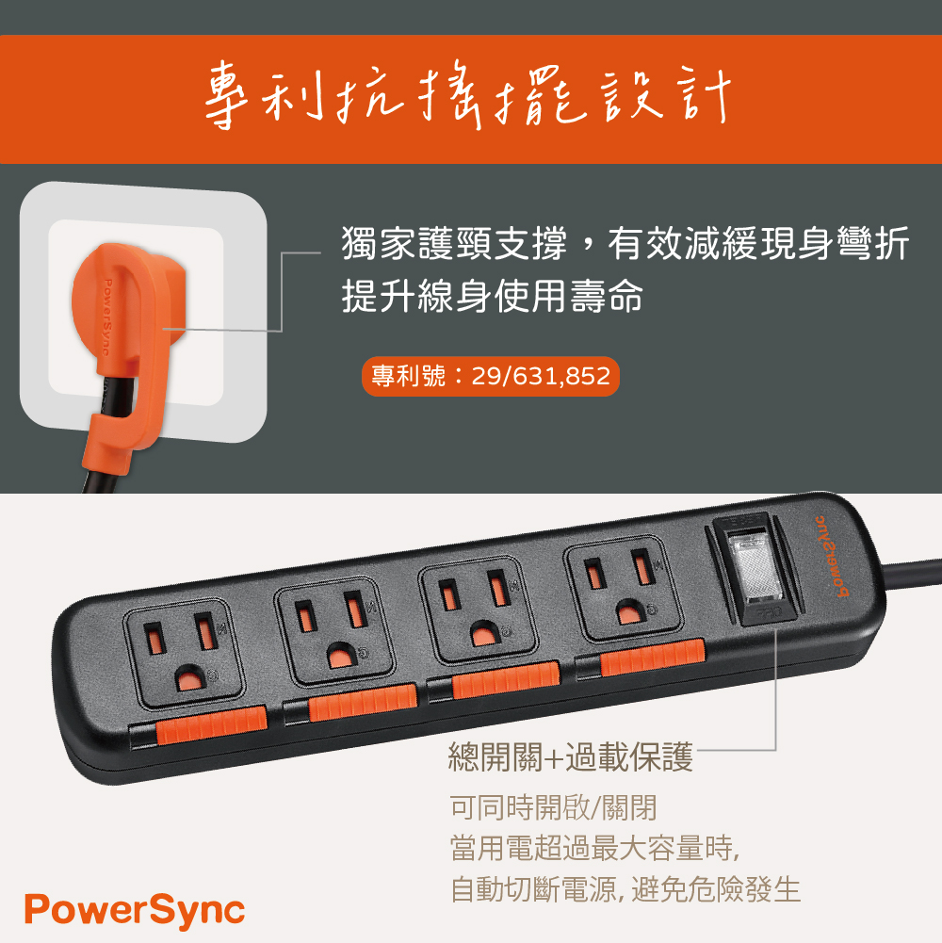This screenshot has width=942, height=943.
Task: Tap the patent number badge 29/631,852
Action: [x=490, y=377]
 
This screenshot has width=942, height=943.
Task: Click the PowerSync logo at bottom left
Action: [x=135, y=911]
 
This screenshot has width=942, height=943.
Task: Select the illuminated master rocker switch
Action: [x=755, y=568]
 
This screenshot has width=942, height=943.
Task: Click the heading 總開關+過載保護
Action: [x=571, y=756]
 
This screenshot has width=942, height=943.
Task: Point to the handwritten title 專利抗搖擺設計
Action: [x=468, y=96]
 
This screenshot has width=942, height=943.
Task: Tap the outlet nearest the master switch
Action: [x=624, y=588]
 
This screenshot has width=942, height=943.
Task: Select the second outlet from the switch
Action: [x=478, y=610]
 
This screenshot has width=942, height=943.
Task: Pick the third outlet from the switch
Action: [x=334, y=631]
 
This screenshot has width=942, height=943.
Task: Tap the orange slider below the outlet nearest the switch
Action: [x=653, y=658]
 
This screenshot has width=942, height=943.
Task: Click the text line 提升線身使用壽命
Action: [x=493, y=296]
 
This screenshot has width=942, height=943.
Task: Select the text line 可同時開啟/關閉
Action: [x=553, y=807]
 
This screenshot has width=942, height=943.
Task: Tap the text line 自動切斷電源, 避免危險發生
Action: [x=625, y=889]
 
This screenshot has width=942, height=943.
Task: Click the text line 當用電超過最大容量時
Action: [x=594, y=848]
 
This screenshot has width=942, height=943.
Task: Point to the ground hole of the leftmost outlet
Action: [x=190, y=678]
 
